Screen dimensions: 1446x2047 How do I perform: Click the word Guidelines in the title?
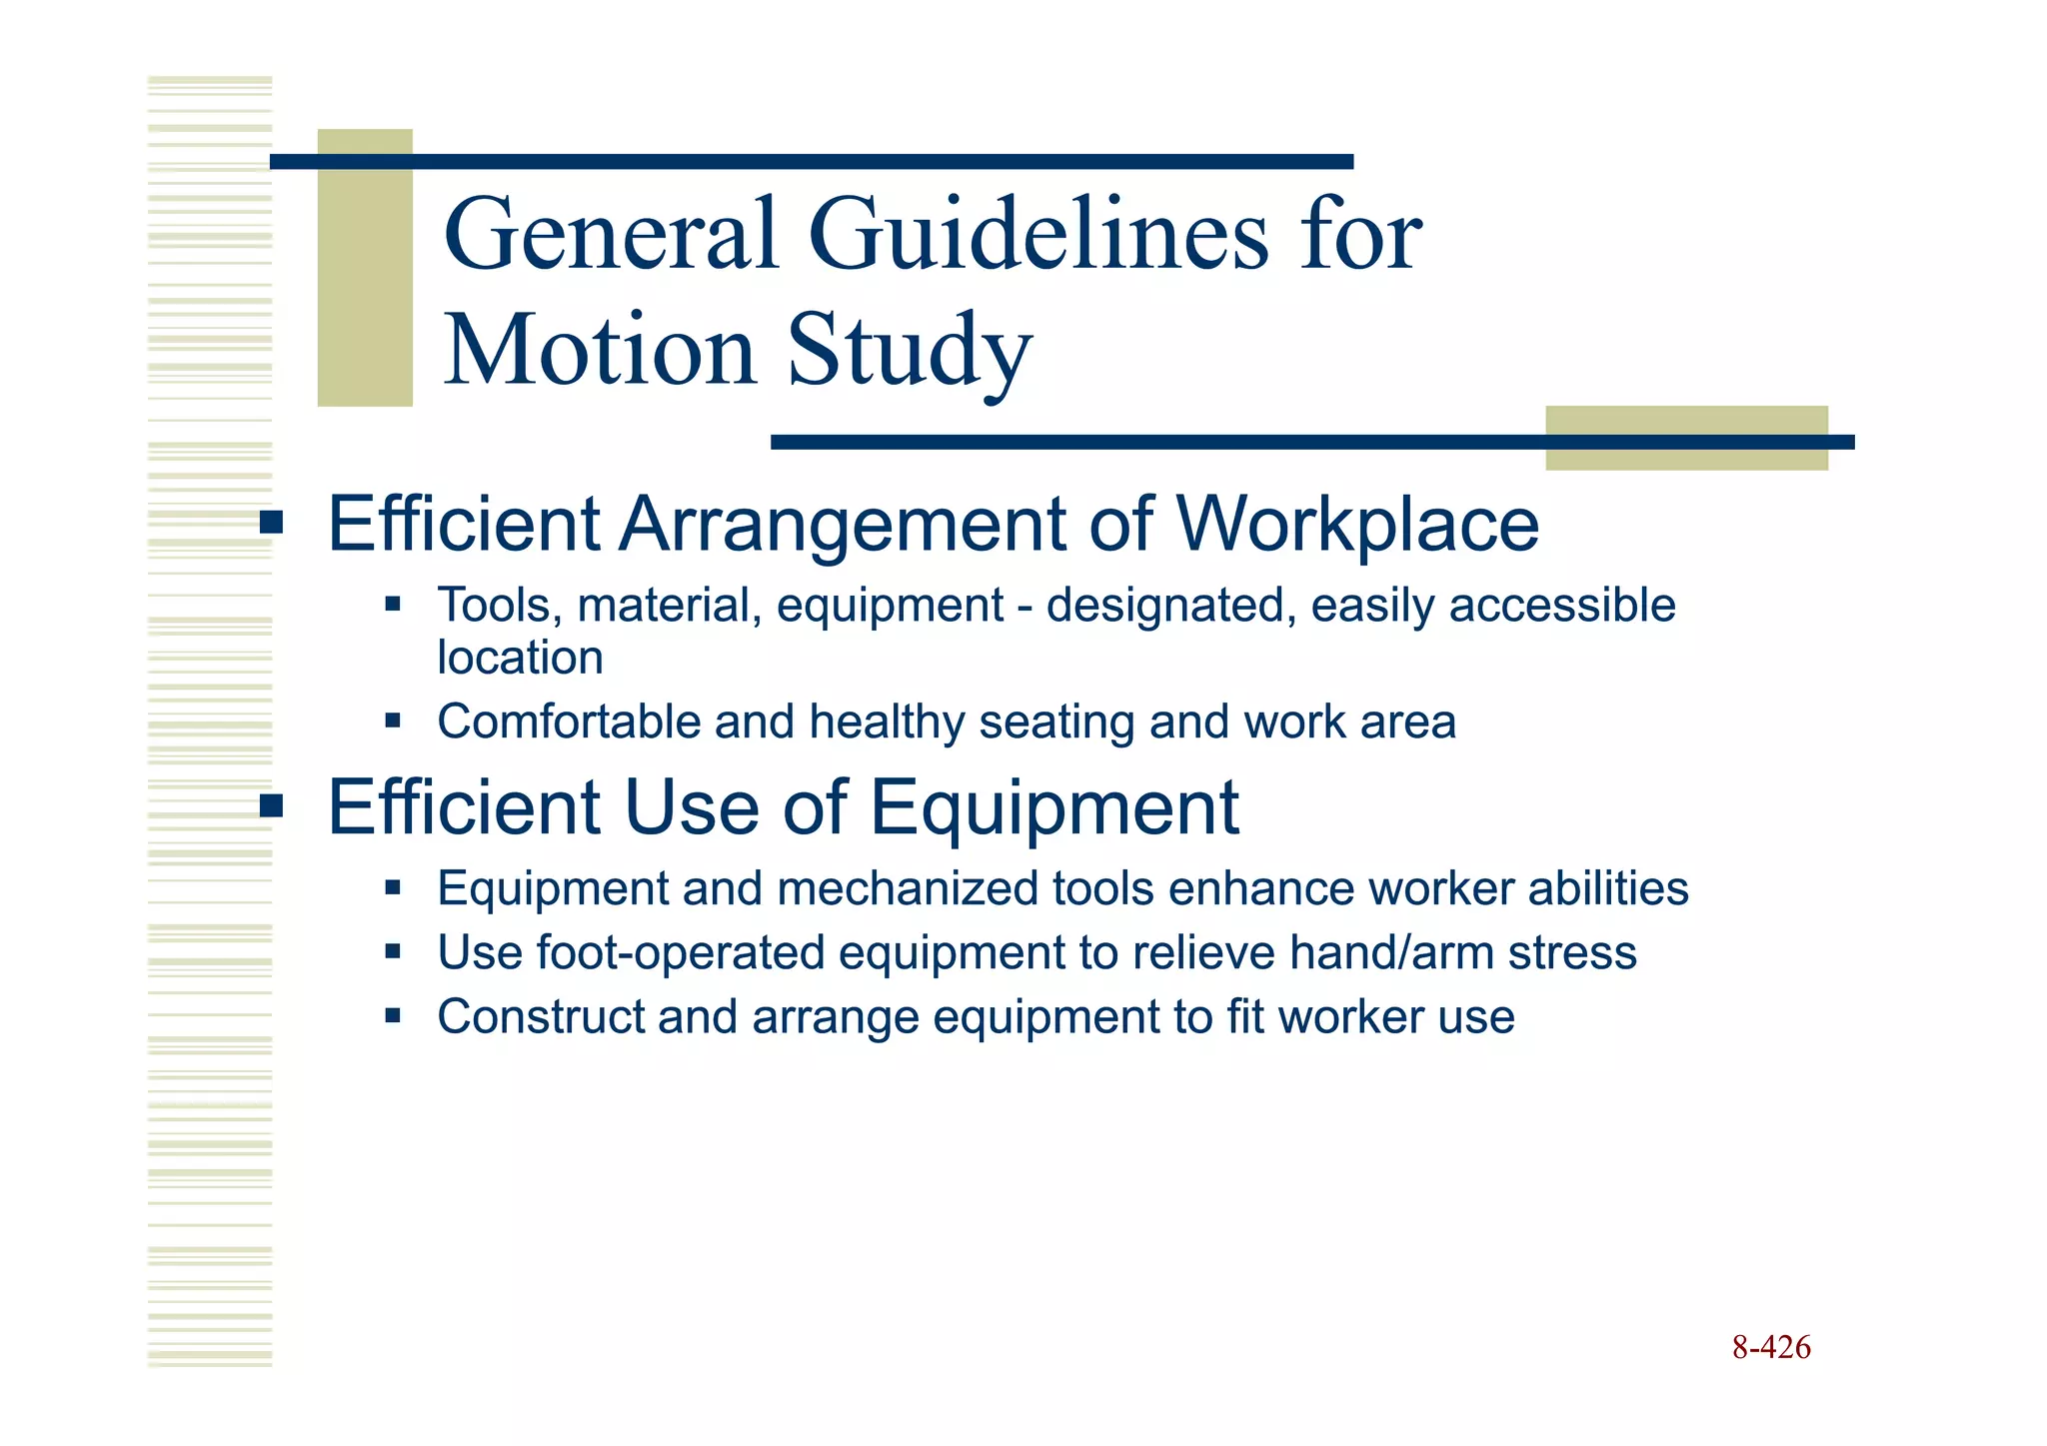click(x=1036, y=236)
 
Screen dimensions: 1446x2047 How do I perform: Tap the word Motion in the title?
click(x=600, y=352)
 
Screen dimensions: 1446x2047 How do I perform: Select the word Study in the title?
click(x=909, y=352)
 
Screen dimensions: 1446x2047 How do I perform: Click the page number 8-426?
click(x=1771, y=1347)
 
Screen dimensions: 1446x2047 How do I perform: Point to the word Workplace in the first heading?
click(x=1356, y=525)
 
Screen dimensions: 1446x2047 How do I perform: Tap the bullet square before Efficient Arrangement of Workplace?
click(x=271, y=523)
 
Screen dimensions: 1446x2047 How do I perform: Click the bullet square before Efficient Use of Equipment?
click(x=271, y=805)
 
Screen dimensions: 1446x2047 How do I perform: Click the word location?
click(x=520, y=658)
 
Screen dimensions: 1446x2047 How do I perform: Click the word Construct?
click(x=540, y=1017)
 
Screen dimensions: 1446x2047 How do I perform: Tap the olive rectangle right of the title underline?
click(x=1686, y=438)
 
